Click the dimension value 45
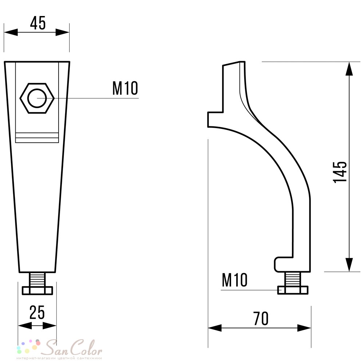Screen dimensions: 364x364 [x=38, y=23]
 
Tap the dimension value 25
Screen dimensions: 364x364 [x=37, y=312]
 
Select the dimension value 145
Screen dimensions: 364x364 [x=340, y=172]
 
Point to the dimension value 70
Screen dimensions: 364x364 [x=261, y=319]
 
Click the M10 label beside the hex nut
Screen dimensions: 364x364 [x=125, y=88]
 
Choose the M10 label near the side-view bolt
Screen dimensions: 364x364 [x=235, y=280]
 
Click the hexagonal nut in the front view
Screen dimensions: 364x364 [x=37, y=98]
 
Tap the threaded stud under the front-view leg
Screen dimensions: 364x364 [x=37, y=280]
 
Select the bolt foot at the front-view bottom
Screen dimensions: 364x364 [x=37, y=290]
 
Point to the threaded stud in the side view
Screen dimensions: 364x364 [x=293, y=279]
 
